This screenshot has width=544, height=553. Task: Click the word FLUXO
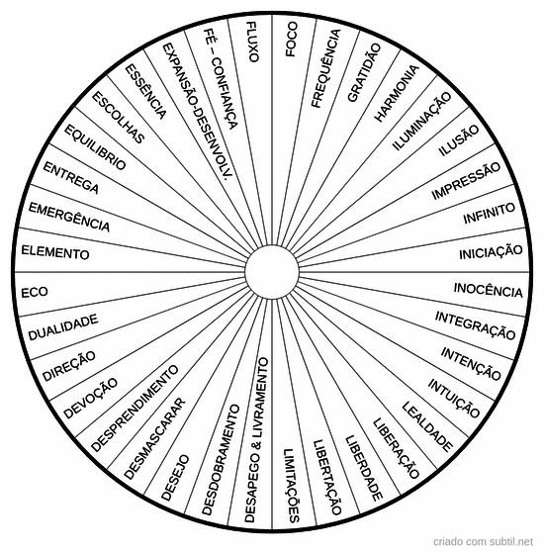(253, 42)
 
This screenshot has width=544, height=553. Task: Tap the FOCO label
(292, 39)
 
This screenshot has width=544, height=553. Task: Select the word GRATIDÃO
(364, 72)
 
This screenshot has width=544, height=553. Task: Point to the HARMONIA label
(397, 93)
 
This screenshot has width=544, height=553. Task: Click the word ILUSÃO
(459, 140)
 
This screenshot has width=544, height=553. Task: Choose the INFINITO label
(489, 213)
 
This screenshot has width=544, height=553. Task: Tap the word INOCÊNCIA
(488, 290)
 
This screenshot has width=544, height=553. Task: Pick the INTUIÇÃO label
(454, 398)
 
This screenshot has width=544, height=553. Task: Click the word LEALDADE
(427, 426)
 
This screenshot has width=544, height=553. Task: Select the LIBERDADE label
(363, 468)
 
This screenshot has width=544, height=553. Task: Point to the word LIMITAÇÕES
(292, 486)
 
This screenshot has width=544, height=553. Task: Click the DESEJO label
(175, 478)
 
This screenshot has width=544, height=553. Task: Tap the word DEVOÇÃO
(91, 398)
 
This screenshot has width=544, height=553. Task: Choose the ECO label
(35, 293)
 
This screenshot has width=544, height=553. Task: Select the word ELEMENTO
(55, 252)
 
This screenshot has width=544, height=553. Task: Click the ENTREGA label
(70, 178)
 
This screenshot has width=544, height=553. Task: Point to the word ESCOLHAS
(118, 118)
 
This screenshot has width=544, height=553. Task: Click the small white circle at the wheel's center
(272, 272)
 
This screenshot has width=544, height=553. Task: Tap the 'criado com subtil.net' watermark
(483, 541)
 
